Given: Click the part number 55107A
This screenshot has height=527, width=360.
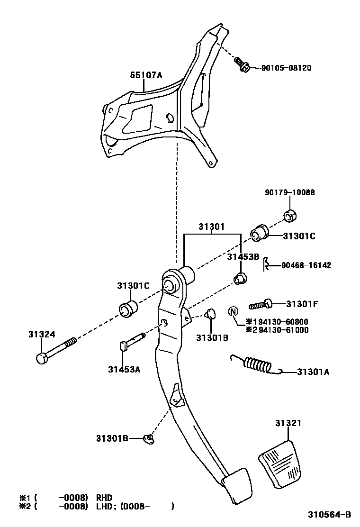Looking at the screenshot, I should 146,75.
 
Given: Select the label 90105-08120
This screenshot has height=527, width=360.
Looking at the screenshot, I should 286,68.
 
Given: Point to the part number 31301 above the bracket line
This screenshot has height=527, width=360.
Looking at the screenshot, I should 211,227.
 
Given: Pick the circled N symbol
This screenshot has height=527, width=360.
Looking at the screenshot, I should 233,311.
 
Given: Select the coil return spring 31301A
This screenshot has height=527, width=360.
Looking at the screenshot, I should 256,364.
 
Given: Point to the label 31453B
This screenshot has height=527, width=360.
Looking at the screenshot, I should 243,257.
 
